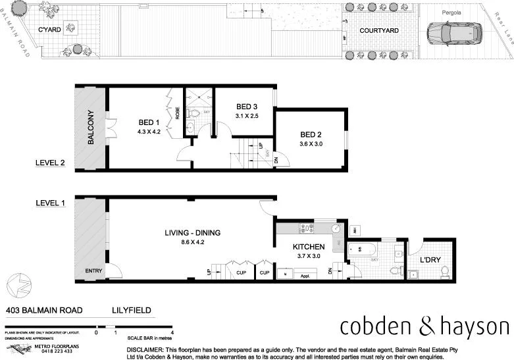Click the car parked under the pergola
pyautogui.click(x=454, y=32)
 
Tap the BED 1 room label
pyautogui.click(x=149, y=122)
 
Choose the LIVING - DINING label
pyautogui.click(x=192, y=233)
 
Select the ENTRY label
pyautogui.click(x=93, y=271)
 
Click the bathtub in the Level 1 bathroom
pyautogui.click(x=362, y=250)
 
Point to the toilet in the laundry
pyautogui.click(x=444, y=270)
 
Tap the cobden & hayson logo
pyautogui.click(x=424, y=327)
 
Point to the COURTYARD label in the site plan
pyautogui.click(x=378, y=30)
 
